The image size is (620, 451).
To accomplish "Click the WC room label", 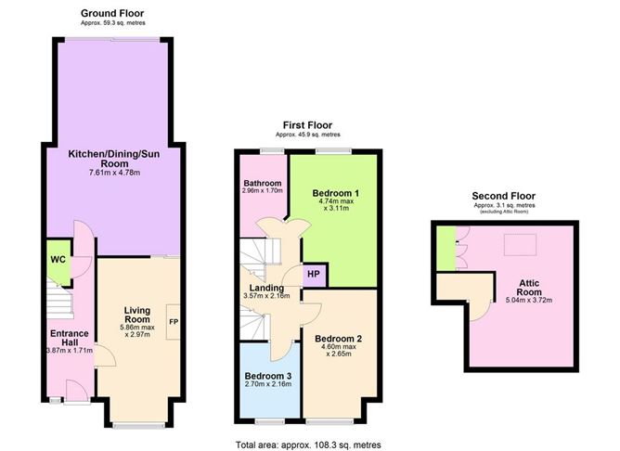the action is [x=58, y=260].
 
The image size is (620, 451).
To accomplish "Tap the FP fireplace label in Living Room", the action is [x=174, y=322].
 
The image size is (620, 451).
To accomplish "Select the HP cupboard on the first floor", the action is [x=314, y=274].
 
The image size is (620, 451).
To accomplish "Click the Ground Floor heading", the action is [x=112, y=13].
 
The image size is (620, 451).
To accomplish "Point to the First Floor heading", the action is [x=307, y=125].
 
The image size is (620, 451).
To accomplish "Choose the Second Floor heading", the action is [x=503, y=196].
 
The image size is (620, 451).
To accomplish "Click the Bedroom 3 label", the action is [x=268, y=376].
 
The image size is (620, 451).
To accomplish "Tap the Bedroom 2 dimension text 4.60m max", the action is [x=339, y=347].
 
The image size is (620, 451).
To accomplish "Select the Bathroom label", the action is [x=263, y=184].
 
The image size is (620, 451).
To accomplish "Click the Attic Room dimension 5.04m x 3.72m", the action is [x=529, y=300].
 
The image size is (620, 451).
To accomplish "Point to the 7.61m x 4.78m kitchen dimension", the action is [x=115, y=173].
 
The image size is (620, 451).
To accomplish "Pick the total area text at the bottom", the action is [x=308, y=445].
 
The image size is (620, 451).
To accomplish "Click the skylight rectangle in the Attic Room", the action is [x=520, y=245].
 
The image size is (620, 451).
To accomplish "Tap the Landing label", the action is [x=266, y=289].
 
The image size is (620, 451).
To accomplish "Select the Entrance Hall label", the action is [x=70, y=338].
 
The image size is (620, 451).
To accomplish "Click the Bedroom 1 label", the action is [x=336, y=193].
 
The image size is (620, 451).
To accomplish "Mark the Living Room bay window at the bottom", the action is [x=139, y=425].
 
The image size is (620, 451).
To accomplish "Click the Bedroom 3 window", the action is [x=270, y=421].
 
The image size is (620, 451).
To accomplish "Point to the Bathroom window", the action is [x=272, y=151].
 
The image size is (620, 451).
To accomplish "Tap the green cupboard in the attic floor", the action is [x=446, y=249].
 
